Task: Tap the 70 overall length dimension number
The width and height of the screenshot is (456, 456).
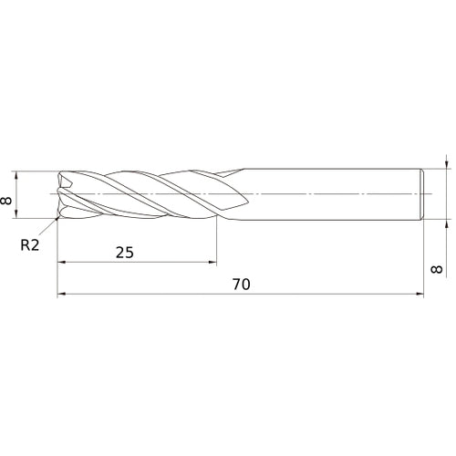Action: (x=240, y=284)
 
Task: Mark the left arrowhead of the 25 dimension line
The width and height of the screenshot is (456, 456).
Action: (x=62, y=263)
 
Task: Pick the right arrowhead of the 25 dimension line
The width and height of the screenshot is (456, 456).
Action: (x=212, y=263)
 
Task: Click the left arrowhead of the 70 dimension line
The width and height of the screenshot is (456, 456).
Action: (x=62, y=295)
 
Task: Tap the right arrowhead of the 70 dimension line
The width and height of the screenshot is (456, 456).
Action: (x=420, y=295)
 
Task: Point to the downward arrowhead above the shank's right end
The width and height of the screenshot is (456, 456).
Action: (x=444, y=165)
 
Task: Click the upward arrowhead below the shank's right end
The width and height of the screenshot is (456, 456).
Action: (x=444, y=224)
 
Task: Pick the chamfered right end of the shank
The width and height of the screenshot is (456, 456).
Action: (x=422, y=194)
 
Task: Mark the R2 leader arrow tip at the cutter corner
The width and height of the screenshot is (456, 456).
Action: (x=57, y=219)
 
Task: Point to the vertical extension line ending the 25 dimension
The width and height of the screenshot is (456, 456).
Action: (x=216, y=242)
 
